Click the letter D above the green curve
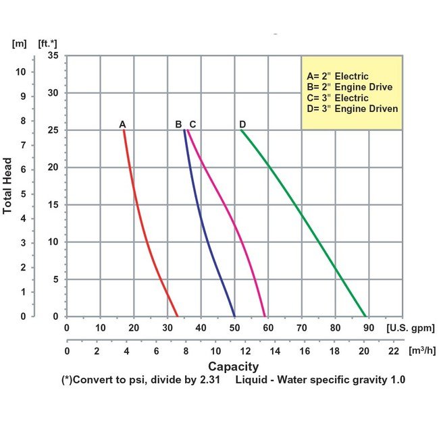(x=242, y=124)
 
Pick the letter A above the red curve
(x=122, y=124)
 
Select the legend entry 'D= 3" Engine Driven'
(x=352, y=109)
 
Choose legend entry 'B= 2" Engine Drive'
(x=349, y=87)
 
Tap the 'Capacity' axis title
(x=233, y=366)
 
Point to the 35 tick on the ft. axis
(x=53, y=56)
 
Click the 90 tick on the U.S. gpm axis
(x=369, y=328)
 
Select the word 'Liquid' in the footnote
(x=252, y=380)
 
